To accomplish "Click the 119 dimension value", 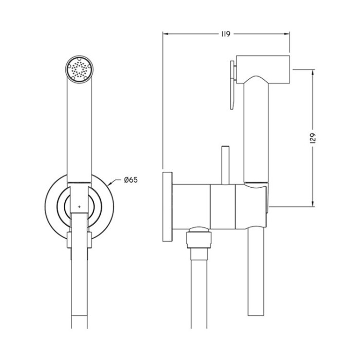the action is click(x=226, y=34).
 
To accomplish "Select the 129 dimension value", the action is click(x=313, y=138).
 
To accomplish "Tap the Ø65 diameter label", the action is click(x=131, y=180).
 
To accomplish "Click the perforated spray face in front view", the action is click(x=79, y=69).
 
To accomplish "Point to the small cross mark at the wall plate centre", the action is click(x=79, y=207).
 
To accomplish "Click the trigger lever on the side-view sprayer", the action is click(x=232, y=84).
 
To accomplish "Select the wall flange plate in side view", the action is click(x=167, y=207).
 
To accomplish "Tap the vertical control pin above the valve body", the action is click(x=225, y=165).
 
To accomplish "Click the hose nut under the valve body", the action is click(x=199, y=239).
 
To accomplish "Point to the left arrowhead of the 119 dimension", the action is click(x=166, y=34).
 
